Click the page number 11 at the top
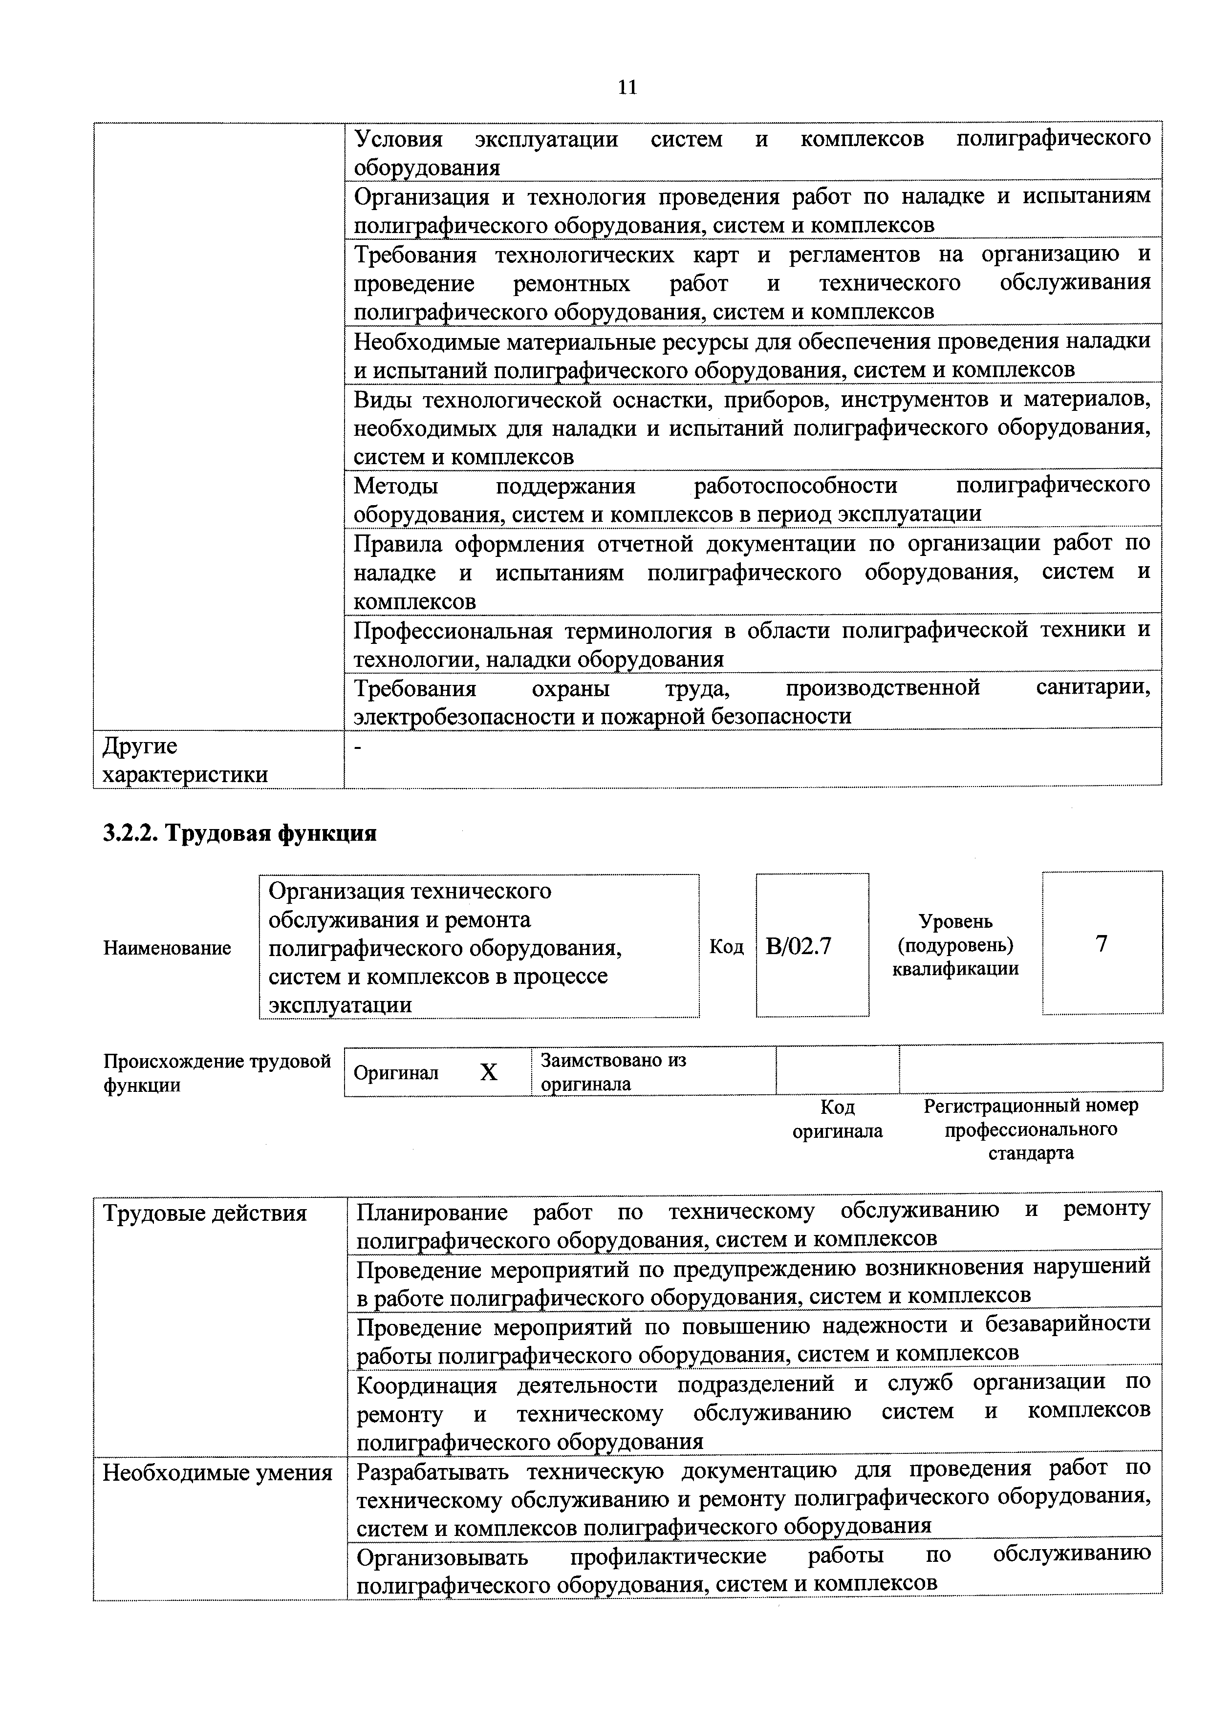(x=627, y=88)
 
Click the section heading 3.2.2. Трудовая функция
(x=239, y=833)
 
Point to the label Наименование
(x=167, y=948)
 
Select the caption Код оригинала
(x=837, y=1119)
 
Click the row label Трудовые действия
(x=204, y=1214)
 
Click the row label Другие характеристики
(x=184, y=760)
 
